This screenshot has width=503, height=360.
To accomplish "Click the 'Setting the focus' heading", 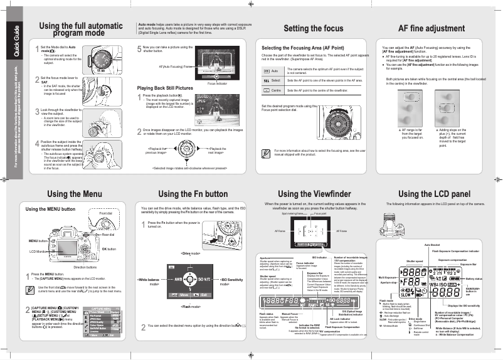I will [314, 28].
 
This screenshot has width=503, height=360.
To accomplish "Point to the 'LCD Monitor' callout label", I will [39, 251].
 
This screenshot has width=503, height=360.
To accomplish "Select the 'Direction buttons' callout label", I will [85, 267].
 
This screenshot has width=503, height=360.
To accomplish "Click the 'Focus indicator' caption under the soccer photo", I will [217, 83].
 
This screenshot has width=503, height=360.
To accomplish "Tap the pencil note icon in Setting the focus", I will [267, 152].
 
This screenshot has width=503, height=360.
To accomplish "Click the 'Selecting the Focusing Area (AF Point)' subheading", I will [302, 48].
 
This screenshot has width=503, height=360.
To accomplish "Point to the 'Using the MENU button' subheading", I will [50, 208].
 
